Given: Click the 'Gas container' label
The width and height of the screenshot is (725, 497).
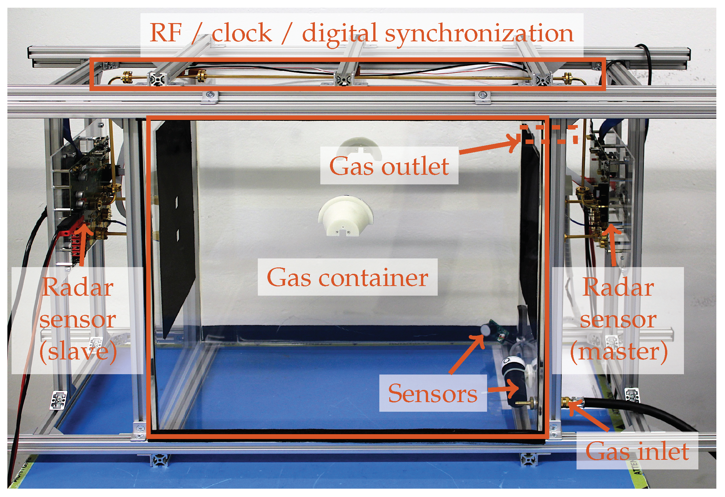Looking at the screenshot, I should (x=347, y=278).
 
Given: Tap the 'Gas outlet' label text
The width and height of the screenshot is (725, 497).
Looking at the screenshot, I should (x=389, y=166).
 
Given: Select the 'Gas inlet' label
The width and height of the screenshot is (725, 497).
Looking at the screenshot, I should (x=637, y=451).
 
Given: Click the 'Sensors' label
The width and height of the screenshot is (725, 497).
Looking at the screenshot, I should (x=433, y=393).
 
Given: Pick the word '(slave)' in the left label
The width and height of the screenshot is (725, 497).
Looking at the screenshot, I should (x=78, y=352).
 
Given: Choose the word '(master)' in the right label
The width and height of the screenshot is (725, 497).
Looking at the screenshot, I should (x=619, y=352).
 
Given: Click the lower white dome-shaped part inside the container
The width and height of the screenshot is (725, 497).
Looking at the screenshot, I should (x=345, y=217).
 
